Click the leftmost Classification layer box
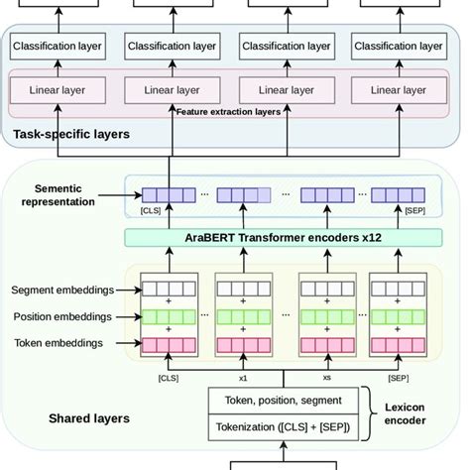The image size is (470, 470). [57, 46]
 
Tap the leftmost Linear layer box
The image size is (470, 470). [57, 90]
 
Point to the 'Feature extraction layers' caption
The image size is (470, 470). [228, 112]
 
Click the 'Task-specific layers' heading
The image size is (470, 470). [70, 134]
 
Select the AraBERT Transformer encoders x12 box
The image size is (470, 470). [283, 239]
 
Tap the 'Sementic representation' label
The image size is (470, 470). [65, 193]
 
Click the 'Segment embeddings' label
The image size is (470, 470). [61, 291]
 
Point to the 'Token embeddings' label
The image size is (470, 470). [59, 343]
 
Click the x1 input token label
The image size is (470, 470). [244, 378]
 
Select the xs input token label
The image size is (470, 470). [327, 378]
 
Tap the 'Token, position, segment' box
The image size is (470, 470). [284, 401]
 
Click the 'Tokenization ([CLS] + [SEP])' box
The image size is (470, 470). [284, 427]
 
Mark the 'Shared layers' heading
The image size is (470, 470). [89, 418]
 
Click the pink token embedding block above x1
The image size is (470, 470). [244, 345]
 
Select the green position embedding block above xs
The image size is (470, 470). [327, 317]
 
